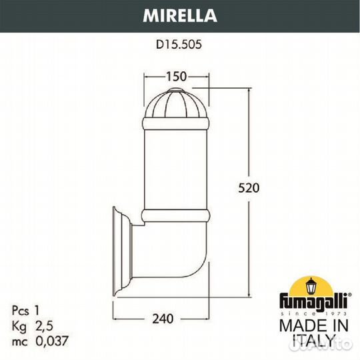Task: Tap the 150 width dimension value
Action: coord(177,76)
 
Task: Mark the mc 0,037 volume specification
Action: coord(40,341)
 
